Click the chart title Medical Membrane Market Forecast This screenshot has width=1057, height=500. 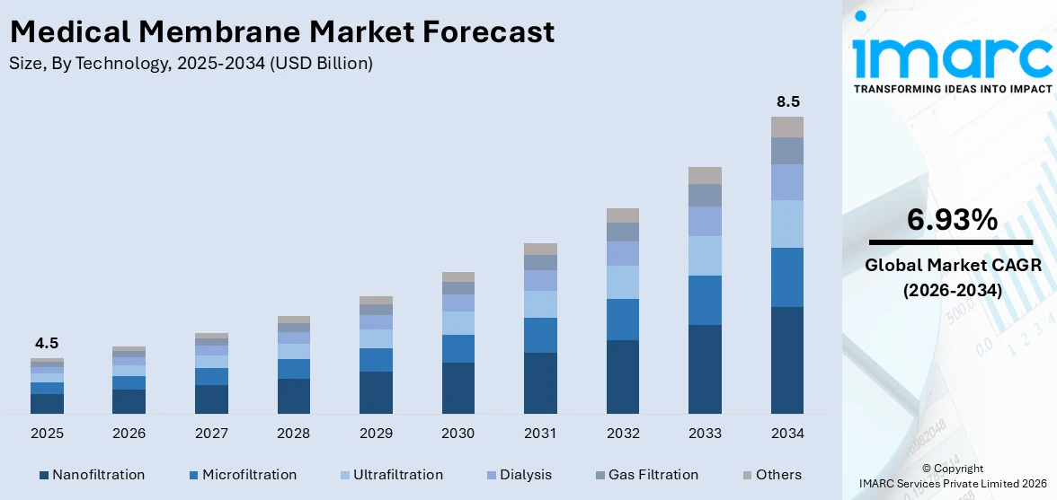click(x=282, y=32)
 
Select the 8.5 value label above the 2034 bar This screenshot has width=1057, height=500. click(x=787, y=101)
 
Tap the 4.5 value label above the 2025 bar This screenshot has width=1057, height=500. click(x=47, y=343)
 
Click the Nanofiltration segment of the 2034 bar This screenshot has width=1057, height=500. click(x=787, y=360)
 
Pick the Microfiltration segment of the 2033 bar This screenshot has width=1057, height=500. click(x=705, y=300)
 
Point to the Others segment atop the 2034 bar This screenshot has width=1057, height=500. click(x=787, y=127)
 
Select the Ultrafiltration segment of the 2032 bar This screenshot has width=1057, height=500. click(x=623, y=282)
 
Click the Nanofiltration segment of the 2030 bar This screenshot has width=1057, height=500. click(x=458, y=388)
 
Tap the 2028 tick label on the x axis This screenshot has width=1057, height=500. click(x=294, y=434)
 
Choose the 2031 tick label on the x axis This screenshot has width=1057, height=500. click(x=540, y=434)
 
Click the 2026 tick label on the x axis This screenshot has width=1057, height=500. click(x=129, y=434)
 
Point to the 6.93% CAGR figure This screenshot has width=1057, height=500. click(x=952, y=219)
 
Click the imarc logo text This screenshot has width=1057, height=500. click(x=952, y=56)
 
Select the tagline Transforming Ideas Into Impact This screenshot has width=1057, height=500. click(x=952, y=89)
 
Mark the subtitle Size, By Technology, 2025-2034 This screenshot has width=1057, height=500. click(x=191, y=64)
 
